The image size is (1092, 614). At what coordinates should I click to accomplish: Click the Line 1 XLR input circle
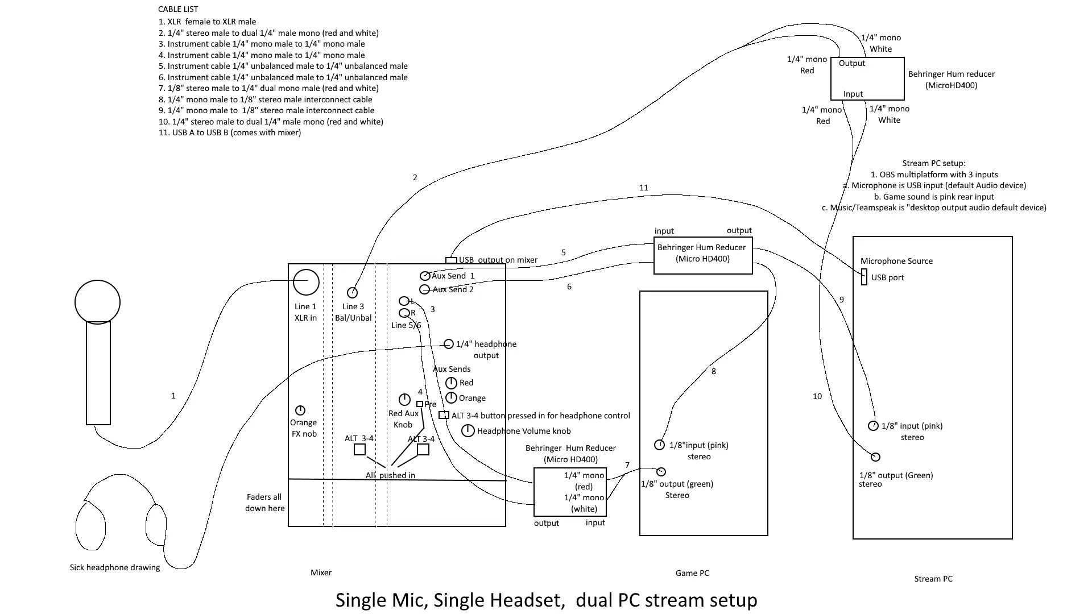point(306,282)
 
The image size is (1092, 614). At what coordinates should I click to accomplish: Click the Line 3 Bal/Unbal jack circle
point(353,293)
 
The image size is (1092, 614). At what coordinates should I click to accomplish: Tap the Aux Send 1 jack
point(425,276)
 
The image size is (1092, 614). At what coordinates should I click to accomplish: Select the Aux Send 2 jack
point(424,290)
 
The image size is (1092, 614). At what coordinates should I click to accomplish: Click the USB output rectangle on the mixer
point(451,260)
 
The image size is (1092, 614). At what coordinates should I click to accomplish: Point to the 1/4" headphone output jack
point(449,344)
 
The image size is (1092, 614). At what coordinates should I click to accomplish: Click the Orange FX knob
point(300,410)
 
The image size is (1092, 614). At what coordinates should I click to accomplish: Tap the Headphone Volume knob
point(468,431)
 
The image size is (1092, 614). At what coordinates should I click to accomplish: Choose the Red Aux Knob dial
point(404,400)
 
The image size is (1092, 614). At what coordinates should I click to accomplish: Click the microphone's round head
point(97,302)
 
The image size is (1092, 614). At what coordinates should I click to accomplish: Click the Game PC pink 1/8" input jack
point(660,445)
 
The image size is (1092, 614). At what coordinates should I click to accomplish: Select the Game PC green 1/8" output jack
point(661,472)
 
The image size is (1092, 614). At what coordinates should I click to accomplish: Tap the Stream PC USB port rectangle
point(864,277)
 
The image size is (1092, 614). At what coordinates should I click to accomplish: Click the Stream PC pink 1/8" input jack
point(874,426)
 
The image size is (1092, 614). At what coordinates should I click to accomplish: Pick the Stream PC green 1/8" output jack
point(876,457)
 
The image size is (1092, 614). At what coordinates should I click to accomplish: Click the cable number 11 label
point(643,188)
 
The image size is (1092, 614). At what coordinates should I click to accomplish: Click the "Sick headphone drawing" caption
point(115,567)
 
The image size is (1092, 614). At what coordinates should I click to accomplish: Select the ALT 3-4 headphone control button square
point(444,416)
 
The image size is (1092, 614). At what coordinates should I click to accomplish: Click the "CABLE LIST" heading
point(178,9)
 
